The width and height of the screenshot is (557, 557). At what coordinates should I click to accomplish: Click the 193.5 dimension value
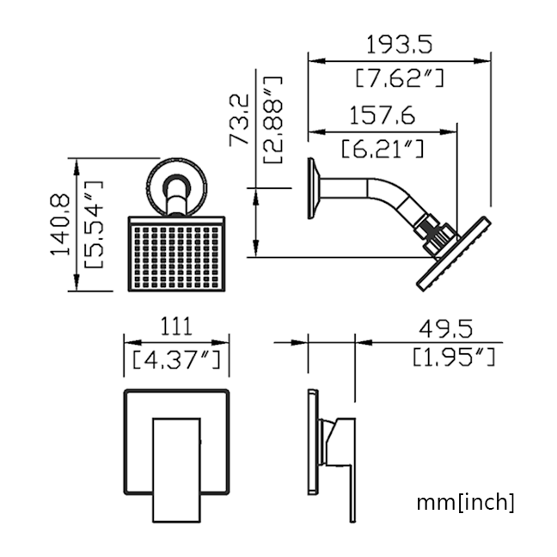399,45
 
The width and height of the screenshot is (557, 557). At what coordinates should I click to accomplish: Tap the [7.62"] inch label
400,78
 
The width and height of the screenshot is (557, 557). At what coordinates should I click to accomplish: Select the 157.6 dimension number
383,115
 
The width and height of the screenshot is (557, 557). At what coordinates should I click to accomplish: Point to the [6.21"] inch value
383,149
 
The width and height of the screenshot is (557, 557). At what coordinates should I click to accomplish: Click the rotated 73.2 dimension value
239,120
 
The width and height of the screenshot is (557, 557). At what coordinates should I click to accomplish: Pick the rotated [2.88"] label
272,120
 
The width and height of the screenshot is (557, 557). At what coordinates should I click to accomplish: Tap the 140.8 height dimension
60,224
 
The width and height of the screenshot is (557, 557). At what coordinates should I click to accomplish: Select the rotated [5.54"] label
94,224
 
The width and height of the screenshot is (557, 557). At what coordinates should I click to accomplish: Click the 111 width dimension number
176,327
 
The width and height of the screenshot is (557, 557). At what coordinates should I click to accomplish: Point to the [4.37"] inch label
176,359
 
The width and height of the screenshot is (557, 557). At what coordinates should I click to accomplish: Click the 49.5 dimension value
446,328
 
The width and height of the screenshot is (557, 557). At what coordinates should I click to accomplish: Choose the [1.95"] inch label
454,357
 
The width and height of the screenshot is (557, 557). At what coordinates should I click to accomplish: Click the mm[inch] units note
465,502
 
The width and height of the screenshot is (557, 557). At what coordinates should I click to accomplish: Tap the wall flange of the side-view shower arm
313,188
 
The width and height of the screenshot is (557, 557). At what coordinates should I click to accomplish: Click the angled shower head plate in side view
454,254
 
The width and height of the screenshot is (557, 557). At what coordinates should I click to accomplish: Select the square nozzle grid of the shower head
176,257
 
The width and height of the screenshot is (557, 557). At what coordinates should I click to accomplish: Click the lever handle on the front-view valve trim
176,470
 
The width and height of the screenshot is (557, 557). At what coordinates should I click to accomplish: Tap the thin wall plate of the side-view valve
313,442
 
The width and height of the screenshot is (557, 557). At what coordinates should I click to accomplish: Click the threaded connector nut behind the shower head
436,235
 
